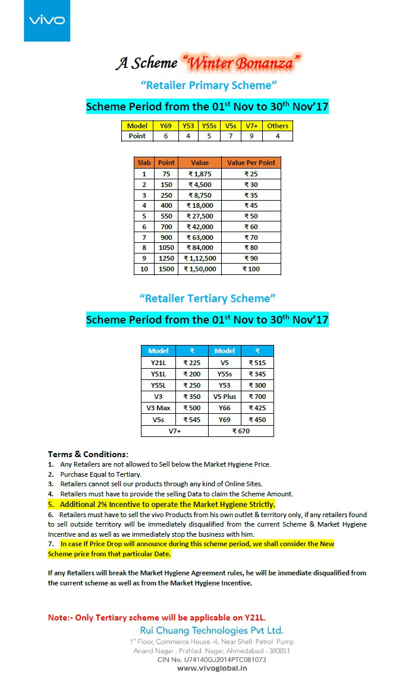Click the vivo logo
(x=47, y=21)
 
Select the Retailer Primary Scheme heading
(x=209, y=85)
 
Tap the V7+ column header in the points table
(x=251, y=126)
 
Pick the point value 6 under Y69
(x=166, y=136)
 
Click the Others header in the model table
(x=278, y=126)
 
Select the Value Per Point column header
(x=251, y=163)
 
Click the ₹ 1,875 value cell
(x=199, y=174)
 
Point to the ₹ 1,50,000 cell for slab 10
(x=199, y=269)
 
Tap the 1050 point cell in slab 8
(x=166, y=248)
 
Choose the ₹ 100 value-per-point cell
(x=251, y=269)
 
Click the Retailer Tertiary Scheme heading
(x=207, y=297)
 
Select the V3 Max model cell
(x=158, y=408)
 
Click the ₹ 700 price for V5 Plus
(x=257, y=397)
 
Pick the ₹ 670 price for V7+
(x=241, y=431)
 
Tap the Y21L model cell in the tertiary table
(x=158, y=363)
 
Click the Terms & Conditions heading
(x=88, y=454)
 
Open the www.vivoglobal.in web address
(x=212, y=668)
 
